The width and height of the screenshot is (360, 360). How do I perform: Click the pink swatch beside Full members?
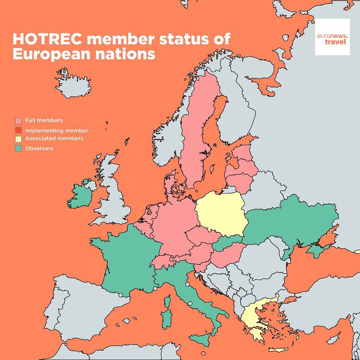pyautogui.click(x=18, y=120)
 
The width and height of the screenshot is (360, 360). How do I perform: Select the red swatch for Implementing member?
pyautogui.click(x=18, y=130)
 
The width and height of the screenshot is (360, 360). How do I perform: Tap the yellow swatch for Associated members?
pyautogui.click(x=18, y=139)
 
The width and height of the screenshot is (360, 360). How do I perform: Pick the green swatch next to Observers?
pyautogui.click(x=18, y=149)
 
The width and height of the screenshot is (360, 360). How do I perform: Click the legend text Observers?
pyautogui.click(x=39, y=149)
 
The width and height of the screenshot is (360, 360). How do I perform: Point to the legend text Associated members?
pyautogui.click(x=54, y=139)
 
